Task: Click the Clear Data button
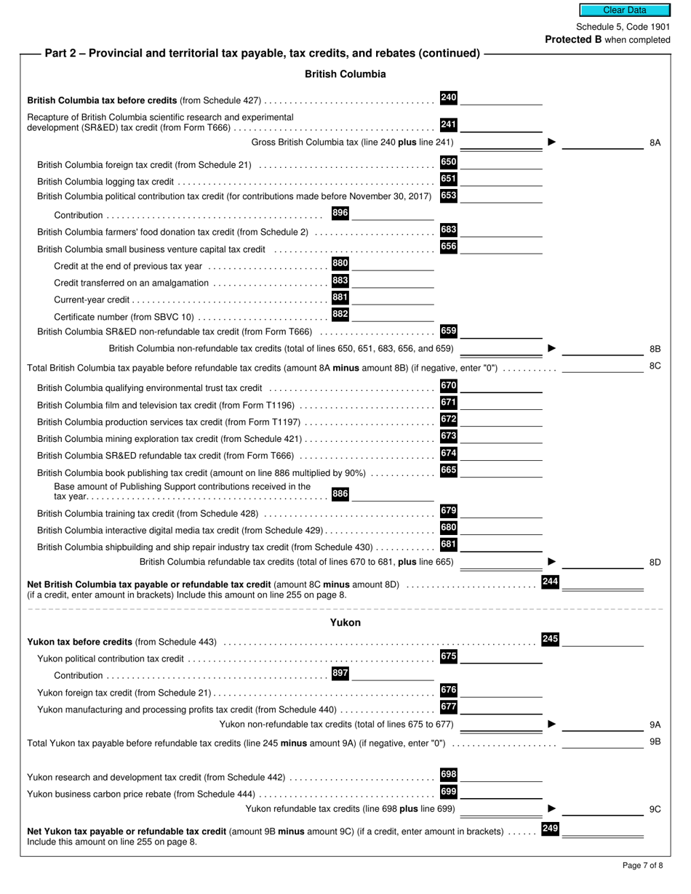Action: pos(624,10)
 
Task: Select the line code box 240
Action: pos(449,97)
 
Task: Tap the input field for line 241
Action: pos(501,126)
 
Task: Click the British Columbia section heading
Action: pos(345,74)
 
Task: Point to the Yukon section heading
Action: pos(345,623)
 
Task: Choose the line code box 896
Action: pos(340,213)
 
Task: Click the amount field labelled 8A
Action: pos(602,142)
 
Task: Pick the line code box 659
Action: pos(449,331)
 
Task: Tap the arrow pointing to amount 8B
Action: pos(551,349)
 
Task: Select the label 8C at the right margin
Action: pos(655,366)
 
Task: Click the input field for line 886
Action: pos(393,494)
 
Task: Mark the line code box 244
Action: pos(551,581)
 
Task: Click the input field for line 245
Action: pos(602,640)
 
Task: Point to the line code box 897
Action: pos(340,673)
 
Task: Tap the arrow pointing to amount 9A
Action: pos(551,724)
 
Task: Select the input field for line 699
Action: pos(501,792)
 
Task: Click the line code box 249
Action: pos(551,829)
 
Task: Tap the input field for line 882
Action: pos(393,315)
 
